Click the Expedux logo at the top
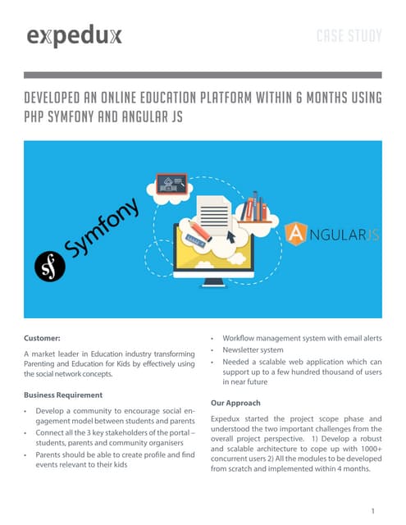75,36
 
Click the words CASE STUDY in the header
349,36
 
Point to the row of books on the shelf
258,208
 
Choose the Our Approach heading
235,403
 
